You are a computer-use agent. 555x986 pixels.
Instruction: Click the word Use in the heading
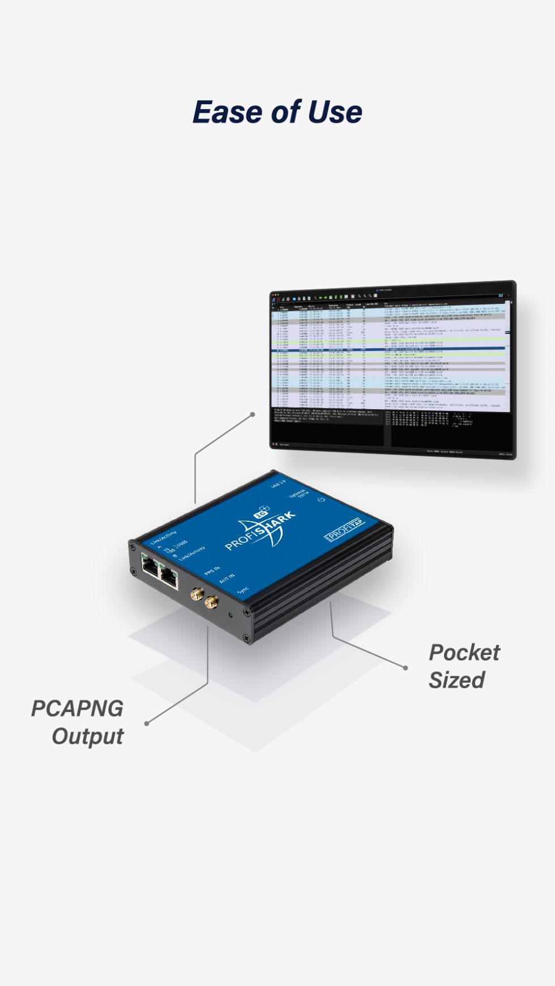pos(335,112)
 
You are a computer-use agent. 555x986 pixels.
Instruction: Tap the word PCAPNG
pos(77,709)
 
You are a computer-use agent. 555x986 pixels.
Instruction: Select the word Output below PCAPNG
pos(88,736)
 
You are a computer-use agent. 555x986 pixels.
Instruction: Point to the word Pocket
pos(464,653)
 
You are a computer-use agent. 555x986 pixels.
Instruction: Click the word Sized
pos(456,680)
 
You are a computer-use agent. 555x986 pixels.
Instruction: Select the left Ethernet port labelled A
pos(151,565)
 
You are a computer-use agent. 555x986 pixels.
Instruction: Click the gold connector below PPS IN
pos(197,594)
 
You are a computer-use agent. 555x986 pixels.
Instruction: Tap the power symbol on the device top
pos(321,499)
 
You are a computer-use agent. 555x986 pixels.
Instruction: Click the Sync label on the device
pos(243,590)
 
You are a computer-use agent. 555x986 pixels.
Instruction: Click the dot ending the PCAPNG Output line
pos(147,723)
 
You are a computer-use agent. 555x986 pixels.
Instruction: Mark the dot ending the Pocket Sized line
pos(405,668)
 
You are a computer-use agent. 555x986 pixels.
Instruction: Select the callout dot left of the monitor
pos(253,414)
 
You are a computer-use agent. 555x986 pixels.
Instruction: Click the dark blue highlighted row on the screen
pos(391,350)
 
